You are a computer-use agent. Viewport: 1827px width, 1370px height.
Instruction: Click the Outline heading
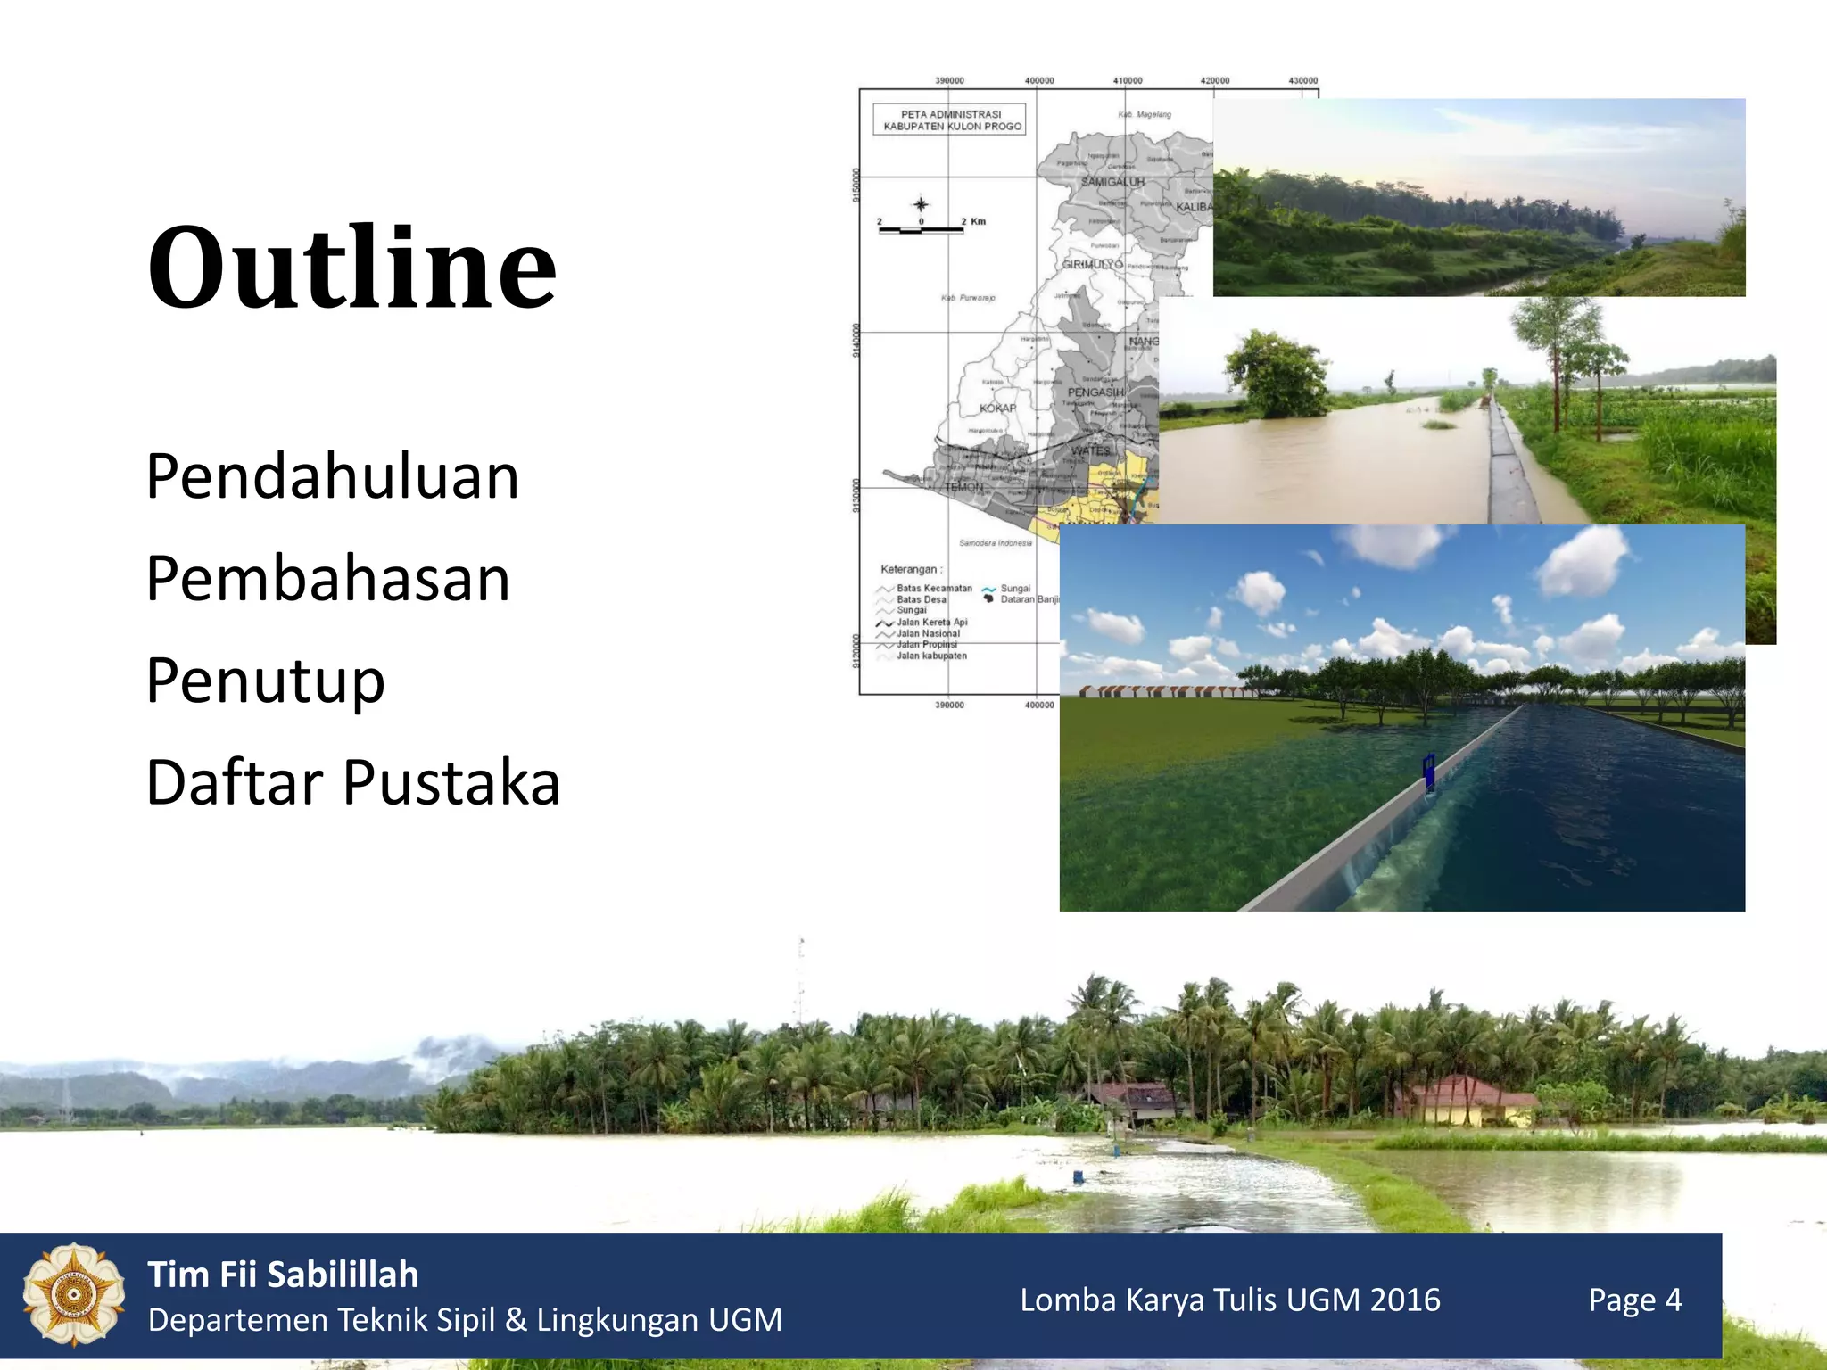tap(351, 268)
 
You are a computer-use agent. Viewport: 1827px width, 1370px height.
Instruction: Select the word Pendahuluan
tap(332, 476)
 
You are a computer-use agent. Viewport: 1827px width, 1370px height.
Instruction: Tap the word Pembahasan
tap(328, 578)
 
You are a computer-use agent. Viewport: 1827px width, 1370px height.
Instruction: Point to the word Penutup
tap(265, 681)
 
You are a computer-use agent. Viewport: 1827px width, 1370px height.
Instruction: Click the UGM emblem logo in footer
tap(73, 1294)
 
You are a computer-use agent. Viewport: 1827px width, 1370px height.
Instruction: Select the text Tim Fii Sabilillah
tap(283, 1275)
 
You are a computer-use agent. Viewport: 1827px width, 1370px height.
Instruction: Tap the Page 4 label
tap(1634, 1300)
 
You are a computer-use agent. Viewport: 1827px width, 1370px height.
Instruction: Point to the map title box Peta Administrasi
tap(951, 120)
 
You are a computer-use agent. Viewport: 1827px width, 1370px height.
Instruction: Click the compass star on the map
tap(921, 204)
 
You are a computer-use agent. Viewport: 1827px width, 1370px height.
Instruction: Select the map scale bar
tap(921, 230)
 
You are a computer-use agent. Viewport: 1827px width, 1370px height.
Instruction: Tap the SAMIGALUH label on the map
tap(1112, 182)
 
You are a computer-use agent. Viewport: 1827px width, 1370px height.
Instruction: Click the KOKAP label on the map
tap(997, 409)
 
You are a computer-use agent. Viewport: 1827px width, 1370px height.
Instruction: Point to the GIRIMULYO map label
tap(1092, 265)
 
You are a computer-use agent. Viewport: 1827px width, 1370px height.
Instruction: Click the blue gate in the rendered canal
tap(1428, 772)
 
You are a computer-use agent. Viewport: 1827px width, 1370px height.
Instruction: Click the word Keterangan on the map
tap(909, 569)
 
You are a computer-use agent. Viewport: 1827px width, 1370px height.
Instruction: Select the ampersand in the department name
tap(516, 1320)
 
